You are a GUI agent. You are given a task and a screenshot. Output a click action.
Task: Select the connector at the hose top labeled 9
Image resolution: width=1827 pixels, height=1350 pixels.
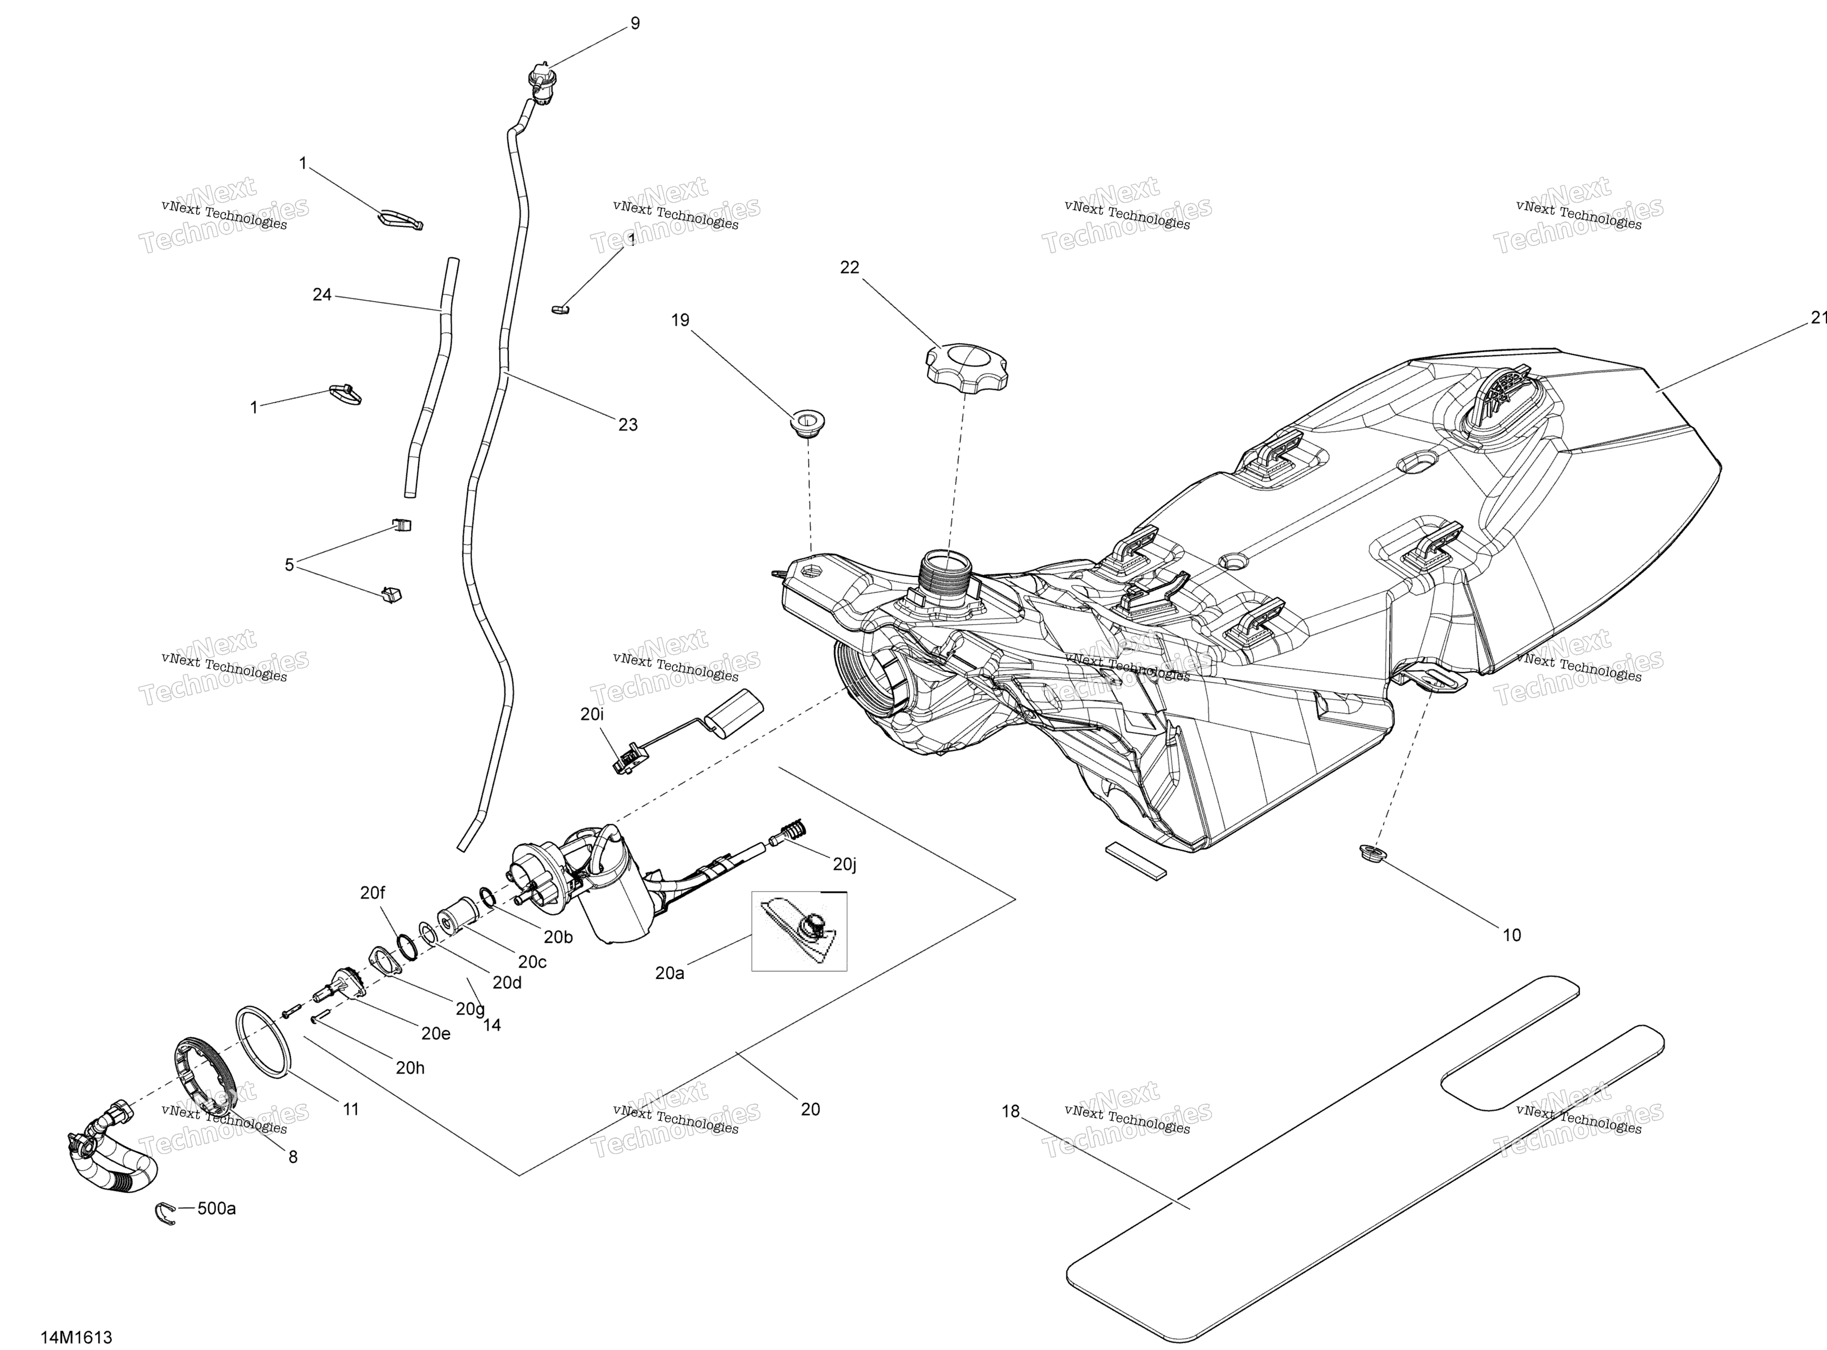(x=542, y=84)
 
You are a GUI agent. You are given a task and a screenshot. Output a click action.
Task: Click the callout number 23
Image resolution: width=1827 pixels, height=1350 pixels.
(x=627, y=425)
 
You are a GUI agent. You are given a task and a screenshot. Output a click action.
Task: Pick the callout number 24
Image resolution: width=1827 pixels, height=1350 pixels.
(x=322, y=294)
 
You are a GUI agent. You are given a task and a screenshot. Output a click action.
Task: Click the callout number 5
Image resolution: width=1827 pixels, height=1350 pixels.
(x=289, y=565)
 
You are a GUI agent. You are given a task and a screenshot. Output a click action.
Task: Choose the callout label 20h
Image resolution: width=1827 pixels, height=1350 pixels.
(x=410, y=1067)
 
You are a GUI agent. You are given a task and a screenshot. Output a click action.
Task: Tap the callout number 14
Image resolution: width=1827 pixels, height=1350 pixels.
(x=492, y=1025)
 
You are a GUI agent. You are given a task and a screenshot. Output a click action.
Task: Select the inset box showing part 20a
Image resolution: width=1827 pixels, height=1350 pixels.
(x=799, y=931)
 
